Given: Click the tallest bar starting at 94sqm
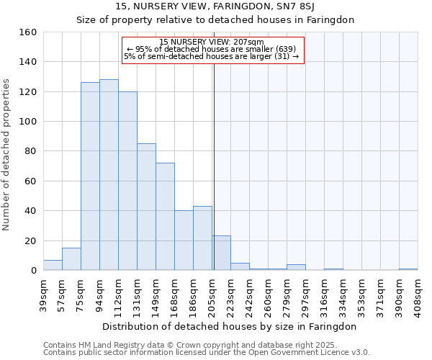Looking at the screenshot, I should [x=109, y=175].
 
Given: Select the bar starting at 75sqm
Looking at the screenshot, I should [x=90, y=176].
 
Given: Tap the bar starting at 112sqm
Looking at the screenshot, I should [x=127, y=181].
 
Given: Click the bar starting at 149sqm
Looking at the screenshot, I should [x=165, y=217].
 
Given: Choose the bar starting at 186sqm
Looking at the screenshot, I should [x=202, y=238].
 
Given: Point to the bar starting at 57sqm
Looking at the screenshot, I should [x=71, y=259].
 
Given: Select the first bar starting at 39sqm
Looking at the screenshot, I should [x=53, y=265].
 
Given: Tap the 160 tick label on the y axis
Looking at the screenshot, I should [x=27, y=32].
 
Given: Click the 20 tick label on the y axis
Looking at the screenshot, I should [x=30, y=240].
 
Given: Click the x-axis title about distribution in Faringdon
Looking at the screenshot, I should [x=230, y=326].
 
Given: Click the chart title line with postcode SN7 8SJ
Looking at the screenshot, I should [x=215, y=7].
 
